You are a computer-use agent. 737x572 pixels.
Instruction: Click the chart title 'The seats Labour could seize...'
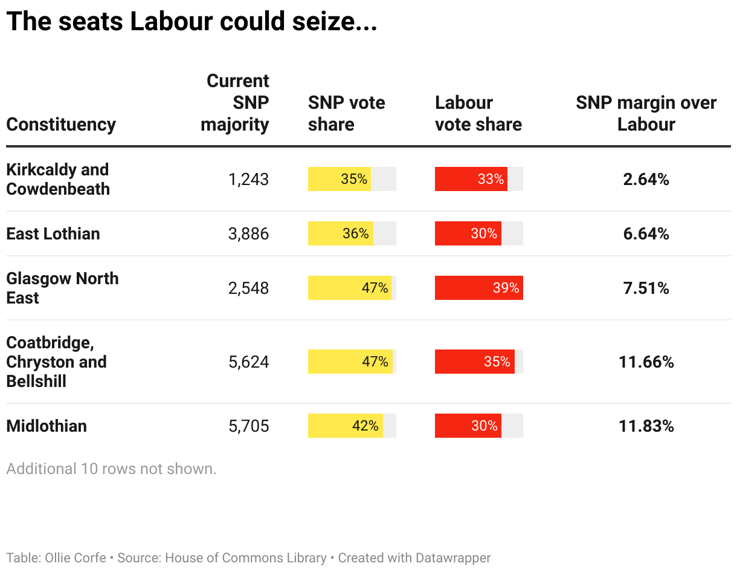click(191, 22)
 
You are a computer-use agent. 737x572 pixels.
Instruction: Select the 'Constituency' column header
click(61, 125)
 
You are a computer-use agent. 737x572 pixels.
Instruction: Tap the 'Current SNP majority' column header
click(236, 103)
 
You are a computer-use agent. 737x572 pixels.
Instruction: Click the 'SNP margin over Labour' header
click(646, 114)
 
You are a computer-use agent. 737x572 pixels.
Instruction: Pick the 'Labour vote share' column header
click(478, 114)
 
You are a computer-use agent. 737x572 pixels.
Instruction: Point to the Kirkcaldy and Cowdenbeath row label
click(58, 180)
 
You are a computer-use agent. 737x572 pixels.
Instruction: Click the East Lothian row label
click(53, 234)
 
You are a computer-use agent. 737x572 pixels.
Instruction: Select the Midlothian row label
click(47, 426)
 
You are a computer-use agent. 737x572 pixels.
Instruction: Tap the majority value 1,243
click(248, 180)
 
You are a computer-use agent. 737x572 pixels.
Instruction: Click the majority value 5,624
click(248, 362)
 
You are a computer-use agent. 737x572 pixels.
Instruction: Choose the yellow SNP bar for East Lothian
click(341, 234)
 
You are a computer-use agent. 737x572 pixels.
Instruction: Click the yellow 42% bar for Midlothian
click(346, 426)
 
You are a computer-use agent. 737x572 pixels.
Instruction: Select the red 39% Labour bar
click(478, 288)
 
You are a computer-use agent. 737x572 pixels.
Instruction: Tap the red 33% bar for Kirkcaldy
click(471, 180)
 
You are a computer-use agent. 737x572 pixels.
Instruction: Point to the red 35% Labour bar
click(474, 362)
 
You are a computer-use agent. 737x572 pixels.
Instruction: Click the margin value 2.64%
click(646, 180)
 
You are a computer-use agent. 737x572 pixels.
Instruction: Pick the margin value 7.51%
click(646, 288)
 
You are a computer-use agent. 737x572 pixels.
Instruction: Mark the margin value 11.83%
click(646, 426)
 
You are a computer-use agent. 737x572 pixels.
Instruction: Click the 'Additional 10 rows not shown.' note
click(111, 469)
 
